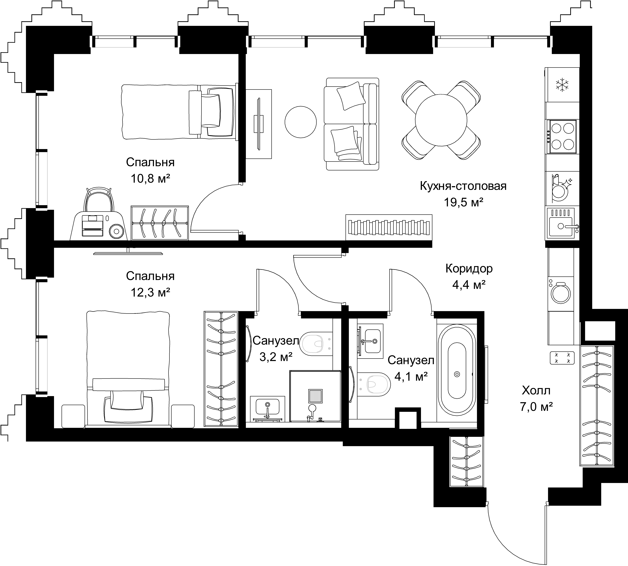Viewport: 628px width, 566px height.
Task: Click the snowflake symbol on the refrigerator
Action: [x=562, y=85]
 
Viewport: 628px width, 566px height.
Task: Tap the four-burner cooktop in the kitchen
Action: [x=562, y=137]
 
